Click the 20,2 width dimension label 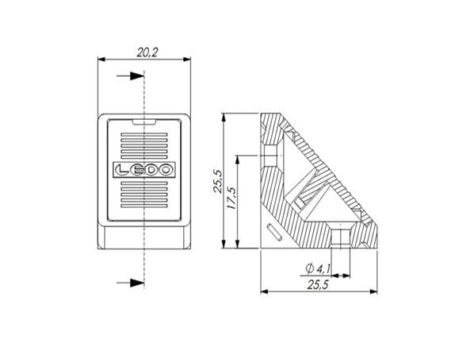point(147,52)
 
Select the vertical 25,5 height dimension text point(218,181)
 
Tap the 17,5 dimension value point(232,198)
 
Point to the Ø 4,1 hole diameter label point(318,268)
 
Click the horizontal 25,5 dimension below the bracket point(318,284)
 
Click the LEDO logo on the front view point(144,170)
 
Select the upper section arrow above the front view point(131,76)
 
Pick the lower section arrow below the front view point(131,283)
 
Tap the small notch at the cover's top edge point(144,121)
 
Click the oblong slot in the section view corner point(274,232)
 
